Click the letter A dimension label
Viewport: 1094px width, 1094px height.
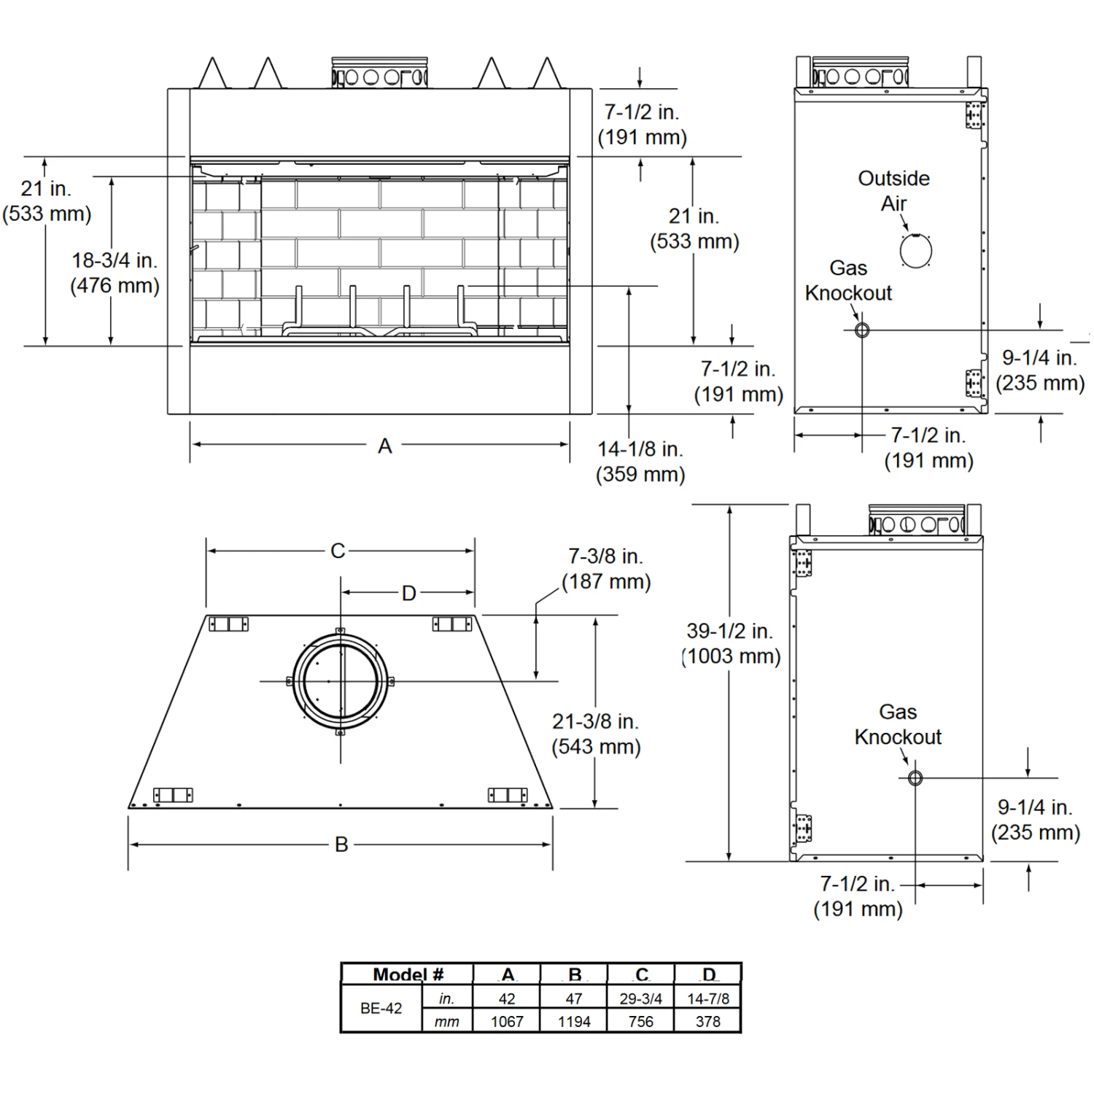[x=385, y=446]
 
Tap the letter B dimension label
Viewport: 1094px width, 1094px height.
[x=341, y=845]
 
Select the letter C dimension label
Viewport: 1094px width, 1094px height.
[x=338, y=551]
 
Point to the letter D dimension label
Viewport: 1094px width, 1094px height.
[x=409, y=594]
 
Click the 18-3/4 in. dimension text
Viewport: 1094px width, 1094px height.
[x=115, y=260]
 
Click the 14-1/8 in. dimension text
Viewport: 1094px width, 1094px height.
[x=640, y=449]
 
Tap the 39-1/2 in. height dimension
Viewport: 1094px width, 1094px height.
[x=731, y=631]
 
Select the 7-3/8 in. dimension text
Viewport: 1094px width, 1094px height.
[x=605, y=556]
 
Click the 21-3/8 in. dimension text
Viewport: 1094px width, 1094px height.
[x=595, y=721]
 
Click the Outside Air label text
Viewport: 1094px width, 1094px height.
[x=894, y=191]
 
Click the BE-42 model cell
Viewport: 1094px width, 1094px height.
[x=381, y=1009]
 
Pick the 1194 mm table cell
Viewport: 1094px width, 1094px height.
[x=574, y=1022]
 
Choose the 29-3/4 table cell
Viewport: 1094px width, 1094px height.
[x=641, y=998]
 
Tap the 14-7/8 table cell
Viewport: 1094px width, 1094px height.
[x=708, y=998]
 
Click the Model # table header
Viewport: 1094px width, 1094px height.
[x=408, y=975]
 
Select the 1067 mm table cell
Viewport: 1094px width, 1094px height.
[x=507, y=1022]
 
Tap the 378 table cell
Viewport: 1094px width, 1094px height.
[x=708, y=1022]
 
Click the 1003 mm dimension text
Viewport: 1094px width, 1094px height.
[x=732, y=656]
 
